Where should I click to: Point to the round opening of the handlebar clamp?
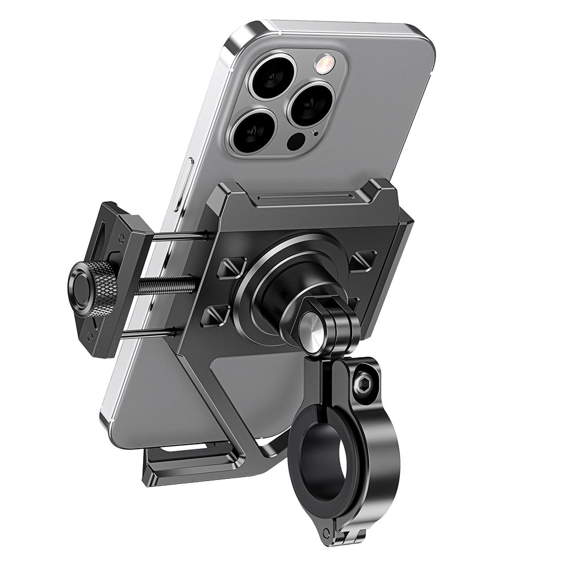click(325, 460)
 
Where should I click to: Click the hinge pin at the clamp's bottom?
click(326, 534)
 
